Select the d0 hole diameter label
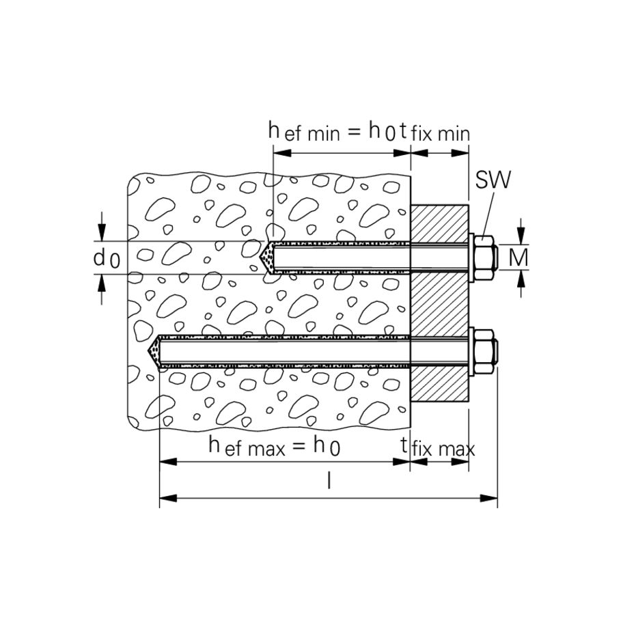106,258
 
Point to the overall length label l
329,482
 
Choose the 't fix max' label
438,448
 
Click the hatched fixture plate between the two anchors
439,305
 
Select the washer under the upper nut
471,258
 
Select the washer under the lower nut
471,352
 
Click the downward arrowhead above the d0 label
102,234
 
